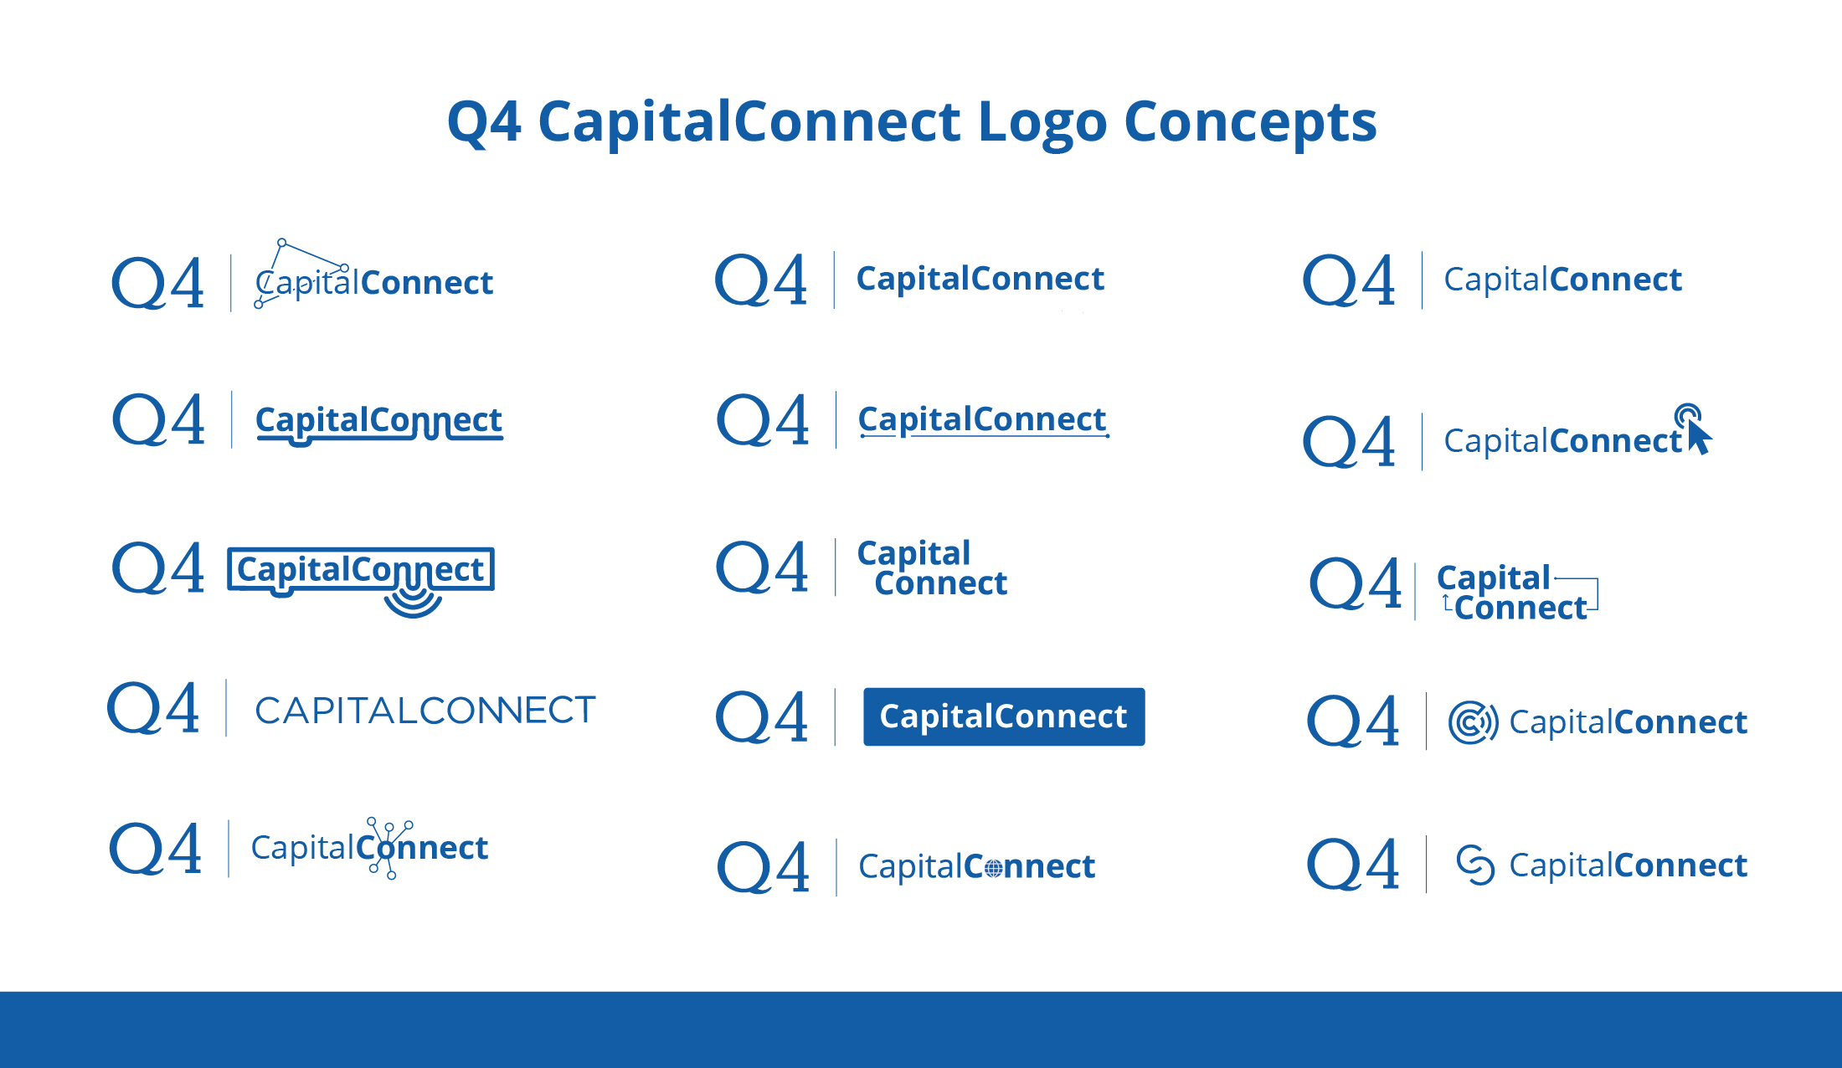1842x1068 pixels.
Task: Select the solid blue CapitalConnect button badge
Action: pyautogui.click(x=1003, y=716)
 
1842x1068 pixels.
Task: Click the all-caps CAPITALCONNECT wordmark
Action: pyautogui.click(x=424, y=710)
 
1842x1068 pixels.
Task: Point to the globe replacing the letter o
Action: pyautogui.click(x=993, y=869)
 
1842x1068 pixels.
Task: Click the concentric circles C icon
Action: pyautogui.click(x=1473, y=722)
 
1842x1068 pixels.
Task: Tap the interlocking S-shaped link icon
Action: pyautogui.click(x=1474, y=865)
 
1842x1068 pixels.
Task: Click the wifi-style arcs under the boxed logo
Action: pyautogui.click(x=413, y=601)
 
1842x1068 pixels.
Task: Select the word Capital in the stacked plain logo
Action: pyautogui.click(x=913, y=552)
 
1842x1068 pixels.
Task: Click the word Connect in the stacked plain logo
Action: pyautogui.click(x=940, y=583)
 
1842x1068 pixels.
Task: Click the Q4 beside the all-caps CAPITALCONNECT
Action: pyautogui.click(x=154, y=708)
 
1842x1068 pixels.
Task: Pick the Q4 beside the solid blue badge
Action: pyautogui.click(x=762, y=717)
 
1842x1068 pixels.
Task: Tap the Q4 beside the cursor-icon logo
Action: pyautogui.click(x=1349, y=441)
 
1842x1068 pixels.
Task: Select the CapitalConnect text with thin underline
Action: pyautogui.click(x=982, y=419)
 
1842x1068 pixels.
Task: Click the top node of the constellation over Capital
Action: pyautogui.click(x=282, y=243)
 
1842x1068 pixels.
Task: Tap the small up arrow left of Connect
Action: pyautogui.click(x=1446, y=603)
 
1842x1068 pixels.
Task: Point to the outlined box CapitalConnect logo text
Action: pyautogui.click(x=360, y=569)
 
